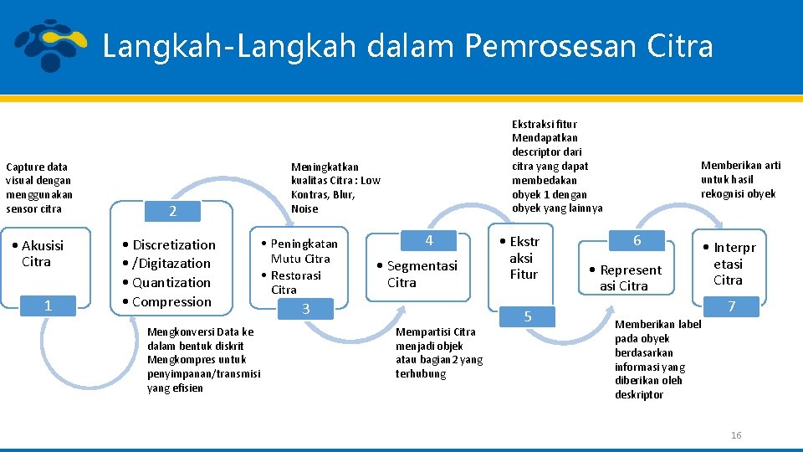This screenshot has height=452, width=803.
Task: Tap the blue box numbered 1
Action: (x=48, y=306)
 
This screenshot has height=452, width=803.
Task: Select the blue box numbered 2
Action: (x=172, y=211)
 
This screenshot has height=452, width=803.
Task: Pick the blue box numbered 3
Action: (x=305, y=309)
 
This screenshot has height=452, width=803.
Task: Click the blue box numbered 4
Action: (x=428, y=240)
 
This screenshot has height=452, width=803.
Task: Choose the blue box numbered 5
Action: (x=527, y=316)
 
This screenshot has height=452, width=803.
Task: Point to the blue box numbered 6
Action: (x=637, y=240)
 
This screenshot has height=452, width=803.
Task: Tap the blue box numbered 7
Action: (x=731, y=306)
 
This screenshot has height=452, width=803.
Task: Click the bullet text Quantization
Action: (x=171, y=283)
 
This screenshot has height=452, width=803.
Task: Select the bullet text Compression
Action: (x=171, y=302)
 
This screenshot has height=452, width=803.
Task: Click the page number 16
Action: (x=736, y=435)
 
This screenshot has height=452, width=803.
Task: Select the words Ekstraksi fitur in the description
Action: (x=545, y=124)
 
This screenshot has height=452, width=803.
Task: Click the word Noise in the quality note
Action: (x=304, y=208)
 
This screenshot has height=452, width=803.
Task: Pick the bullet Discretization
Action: (x=173, y=245)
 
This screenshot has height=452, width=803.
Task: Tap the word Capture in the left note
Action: (x=24, y=167)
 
